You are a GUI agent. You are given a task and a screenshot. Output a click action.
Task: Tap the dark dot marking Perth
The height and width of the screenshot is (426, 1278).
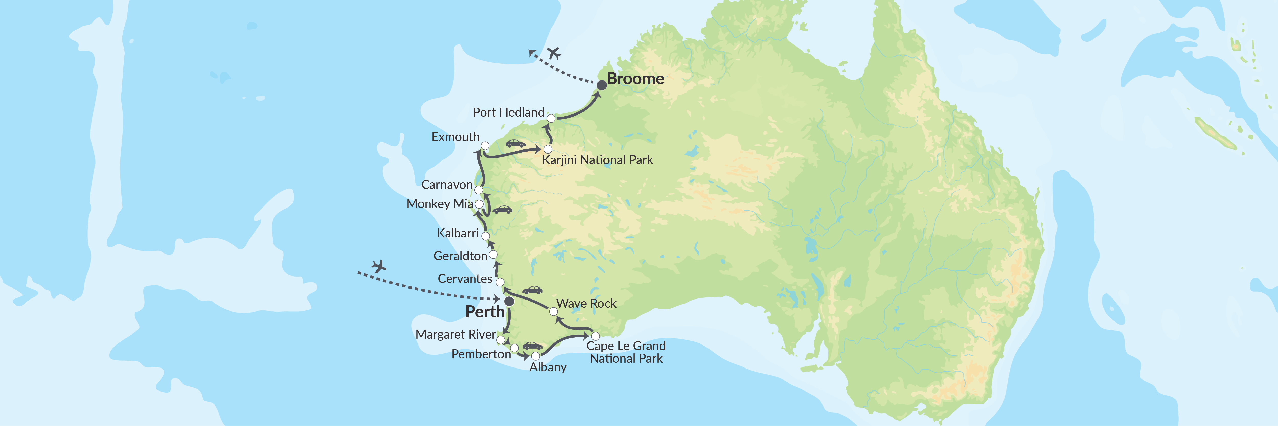[509, 302]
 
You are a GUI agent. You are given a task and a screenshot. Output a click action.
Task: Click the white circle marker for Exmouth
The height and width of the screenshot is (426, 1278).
[485, 146]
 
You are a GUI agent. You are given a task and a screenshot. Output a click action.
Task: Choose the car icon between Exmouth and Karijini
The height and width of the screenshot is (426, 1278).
[516, 144]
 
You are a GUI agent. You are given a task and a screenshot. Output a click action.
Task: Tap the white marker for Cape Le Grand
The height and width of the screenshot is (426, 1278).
[595, 336]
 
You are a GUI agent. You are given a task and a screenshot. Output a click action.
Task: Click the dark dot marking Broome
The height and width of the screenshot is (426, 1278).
[601, 85]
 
